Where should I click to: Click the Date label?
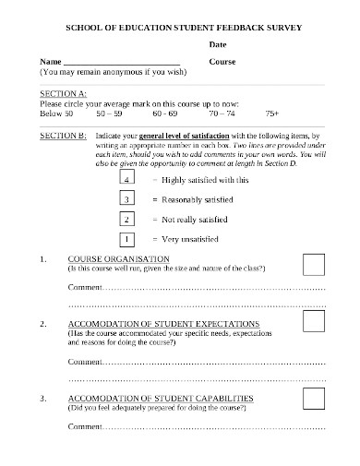tap(218, 44)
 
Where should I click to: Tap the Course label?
tap(222, 61)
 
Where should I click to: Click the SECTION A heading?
tap(64, 94)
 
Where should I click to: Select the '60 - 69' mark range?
tap(165, 114)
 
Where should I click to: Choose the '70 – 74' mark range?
tap(222, 114)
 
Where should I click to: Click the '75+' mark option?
tap(271, 114)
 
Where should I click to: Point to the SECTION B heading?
tap(64, 135)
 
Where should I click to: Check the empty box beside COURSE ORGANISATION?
tap(314, 265)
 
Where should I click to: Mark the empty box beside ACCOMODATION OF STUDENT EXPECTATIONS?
tap(314, 321)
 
